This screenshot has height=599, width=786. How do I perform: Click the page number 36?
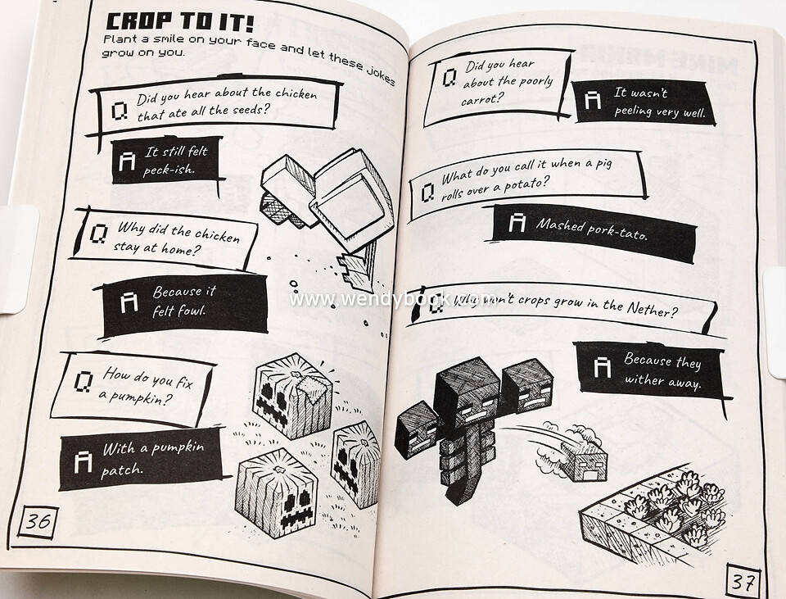[38, 522]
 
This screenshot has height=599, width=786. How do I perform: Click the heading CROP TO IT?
[180, 23]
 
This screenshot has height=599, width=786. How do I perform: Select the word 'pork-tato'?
[617, 231]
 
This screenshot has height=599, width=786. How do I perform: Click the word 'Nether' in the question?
[652, 309]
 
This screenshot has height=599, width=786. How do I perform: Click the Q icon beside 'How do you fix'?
[84, 382]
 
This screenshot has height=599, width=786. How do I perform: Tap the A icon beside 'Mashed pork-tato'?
[517, 222]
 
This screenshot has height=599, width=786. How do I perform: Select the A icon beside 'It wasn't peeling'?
[593, 99]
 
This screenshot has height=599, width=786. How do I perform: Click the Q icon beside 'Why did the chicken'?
[99, 234]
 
